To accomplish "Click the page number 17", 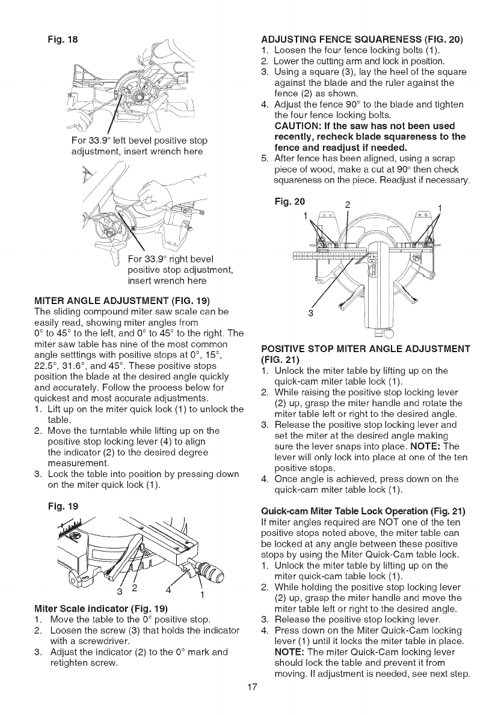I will coord(252,703).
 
